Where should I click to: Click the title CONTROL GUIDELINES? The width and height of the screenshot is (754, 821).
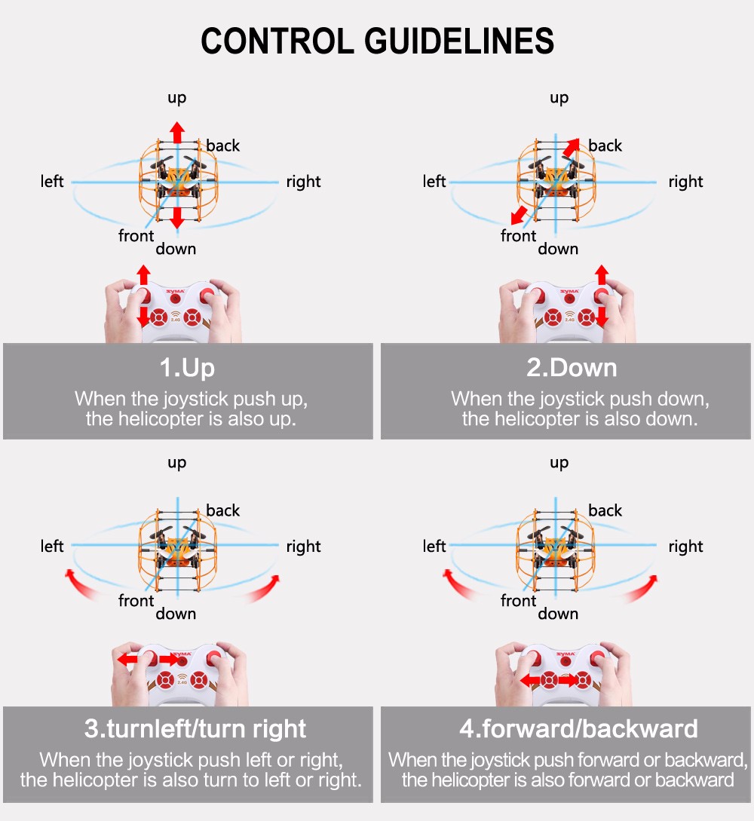click(377, 41)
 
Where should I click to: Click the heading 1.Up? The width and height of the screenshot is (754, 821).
click(187, 368)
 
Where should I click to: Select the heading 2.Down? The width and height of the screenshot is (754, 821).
click(572, 368)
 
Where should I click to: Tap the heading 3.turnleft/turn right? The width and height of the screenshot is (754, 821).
click(195, 729)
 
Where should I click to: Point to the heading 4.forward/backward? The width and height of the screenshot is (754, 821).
click(578, 729)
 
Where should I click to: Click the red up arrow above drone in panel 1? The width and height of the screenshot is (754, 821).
click(176, 131)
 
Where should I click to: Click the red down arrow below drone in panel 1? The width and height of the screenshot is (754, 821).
click(176, 217)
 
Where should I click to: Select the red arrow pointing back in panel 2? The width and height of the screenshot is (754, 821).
click(571, 149)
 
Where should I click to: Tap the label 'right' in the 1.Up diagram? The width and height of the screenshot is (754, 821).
click(303, 182)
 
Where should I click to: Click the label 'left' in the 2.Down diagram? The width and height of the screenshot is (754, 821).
click(434, 182)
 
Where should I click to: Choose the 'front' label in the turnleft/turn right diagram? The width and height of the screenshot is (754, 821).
click(136, 601)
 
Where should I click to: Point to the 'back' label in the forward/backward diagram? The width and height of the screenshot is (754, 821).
click(605, 510)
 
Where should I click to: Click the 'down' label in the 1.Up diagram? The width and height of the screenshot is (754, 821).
click(176, 249)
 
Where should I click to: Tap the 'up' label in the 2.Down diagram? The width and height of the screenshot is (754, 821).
click(559, 98)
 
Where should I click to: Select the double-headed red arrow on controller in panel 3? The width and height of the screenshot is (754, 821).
click(146, 659)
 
